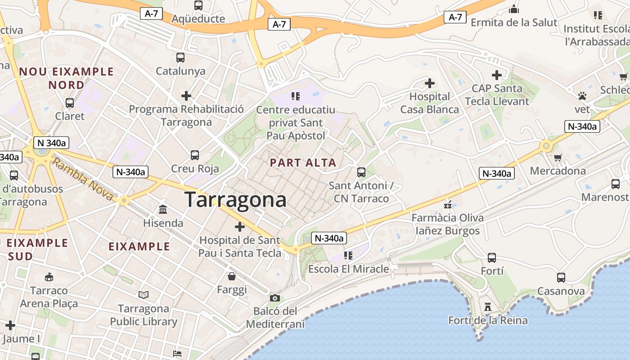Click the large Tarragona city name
(235, 199)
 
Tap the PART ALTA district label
(303, 163)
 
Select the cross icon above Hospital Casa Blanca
(430, 83)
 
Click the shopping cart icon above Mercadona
(558, 157)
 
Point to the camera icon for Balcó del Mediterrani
(275, 298)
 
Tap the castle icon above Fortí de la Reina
(488, 307)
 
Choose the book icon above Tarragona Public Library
(144, 295)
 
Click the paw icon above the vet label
(582, 96)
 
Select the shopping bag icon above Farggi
(232, 276)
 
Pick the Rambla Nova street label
(82, 179)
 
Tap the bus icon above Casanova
(561, 278)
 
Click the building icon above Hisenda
(163, 209)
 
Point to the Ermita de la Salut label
(514, 22)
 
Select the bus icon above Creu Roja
(195, 155)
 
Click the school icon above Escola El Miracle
(348, 256)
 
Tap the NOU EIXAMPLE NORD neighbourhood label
(66, 78)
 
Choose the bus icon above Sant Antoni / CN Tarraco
(361, 172)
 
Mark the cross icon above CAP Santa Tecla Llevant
(497, 75)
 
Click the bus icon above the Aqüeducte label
(198, 5)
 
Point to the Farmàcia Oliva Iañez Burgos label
(448, 225)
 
